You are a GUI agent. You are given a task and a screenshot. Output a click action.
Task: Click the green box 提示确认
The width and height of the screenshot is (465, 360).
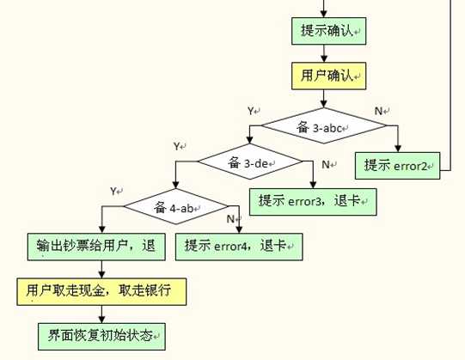click(x=328, y=31)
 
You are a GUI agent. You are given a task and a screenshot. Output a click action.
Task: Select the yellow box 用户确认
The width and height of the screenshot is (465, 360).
click(x=328, y=76)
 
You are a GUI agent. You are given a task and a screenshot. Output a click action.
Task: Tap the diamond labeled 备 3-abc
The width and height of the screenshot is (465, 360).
click(x=323, y=125)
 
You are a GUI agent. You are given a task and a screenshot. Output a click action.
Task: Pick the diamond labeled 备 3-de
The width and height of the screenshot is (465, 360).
click(x=250, y=162)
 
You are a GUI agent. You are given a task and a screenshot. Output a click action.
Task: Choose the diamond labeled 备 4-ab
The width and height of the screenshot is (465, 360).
click(x=176, y=206)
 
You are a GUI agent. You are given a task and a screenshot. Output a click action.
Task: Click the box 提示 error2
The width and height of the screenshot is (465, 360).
click(x=397, y=166)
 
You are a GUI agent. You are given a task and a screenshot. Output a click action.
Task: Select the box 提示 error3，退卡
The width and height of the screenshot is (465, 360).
click(x=313, y=202)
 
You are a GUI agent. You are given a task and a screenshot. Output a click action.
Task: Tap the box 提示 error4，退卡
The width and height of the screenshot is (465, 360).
click(x=239, y=247)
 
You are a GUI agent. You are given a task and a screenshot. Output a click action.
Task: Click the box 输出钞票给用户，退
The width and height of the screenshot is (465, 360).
click(x=96, y=247)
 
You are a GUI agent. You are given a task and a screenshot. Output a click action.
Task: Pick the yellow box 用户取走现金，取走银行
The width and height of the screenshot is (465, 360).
click(x=101, y=291)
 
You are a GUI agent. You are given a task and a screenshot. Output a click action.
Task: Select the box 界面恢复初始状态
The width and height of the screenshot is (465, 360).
click(x=101, y=337)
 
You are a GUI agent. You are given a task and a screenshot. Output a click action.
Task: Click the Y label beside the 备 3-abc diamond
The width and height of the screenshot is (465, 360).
click(x=251, y=111)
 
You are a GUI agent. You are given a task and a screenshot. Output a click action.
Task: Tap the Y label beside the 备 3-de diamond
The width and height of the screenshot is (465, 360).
click(x=177, y=146)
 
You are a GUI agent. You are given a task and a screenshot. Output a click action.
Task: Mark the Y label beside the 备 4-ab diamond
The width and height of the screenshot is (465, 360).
click(x=113, y=191)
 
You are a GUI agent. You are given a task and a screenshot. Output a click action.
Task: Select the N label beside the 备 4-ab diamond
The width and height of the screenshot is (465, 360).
click(x=230, y=219)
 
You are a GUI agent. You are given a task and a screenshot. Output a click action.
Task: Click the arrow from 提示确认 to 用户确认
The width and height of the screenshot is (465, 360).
click(x=324, y=53)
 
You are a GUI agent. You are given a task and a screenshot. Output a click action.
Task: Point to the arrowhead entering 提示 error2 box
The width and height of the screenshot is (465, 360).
click(x=398, y=149)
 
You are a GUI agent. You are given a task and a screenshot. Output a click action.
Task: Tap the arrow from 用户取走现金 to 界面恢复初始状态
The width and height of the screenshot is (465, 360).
click(x=101, y=314)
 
